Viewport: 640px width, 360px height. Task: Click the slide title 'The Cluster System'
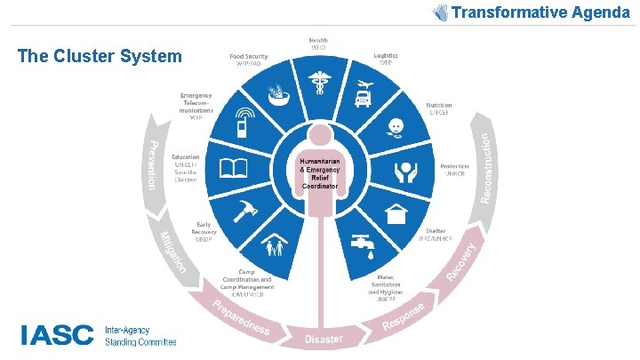(x=100, y=56)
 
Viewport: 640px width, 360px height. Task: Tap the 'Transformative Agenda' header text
(x=540, y=12)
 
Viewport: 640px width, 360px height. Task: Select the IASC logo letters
(x=57, y=334)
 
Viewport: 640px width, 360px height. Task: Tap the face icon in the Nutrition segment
(x=395, y=125)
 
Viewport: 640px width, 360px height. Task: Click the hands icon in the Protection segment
(x=405, y=169)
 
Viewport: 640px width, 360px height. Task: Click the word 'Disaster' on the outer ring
(x=324, y=340)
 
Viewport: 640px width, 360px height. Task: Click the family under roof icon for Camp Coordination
(x=276, y=244)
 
